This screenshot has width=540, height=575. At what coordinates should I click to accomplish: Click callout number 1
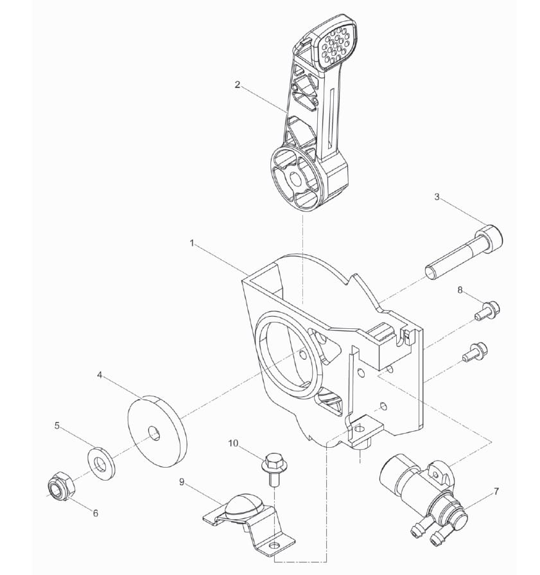192,243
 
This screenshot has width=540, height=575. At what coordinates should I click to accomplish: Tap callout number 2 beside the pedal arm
238,85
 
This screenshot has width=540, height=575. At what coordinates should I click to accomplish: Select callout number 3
437,197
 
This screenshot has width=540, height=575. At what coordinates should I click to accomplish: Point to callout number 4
100,375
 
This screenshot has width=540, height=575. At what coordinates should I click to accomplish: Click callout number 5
57,426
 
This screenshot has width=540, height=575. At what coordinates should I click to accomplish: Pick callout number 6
96,513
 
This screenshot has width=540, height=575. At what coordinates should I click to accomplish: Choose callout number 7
496,491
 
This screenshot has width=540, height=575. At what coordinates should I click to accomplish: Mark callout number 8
460,290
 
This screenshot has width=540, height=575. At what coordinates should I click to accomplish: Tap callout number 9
182,481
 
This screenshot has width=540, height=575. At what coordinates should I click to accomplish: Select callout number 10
234,443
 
